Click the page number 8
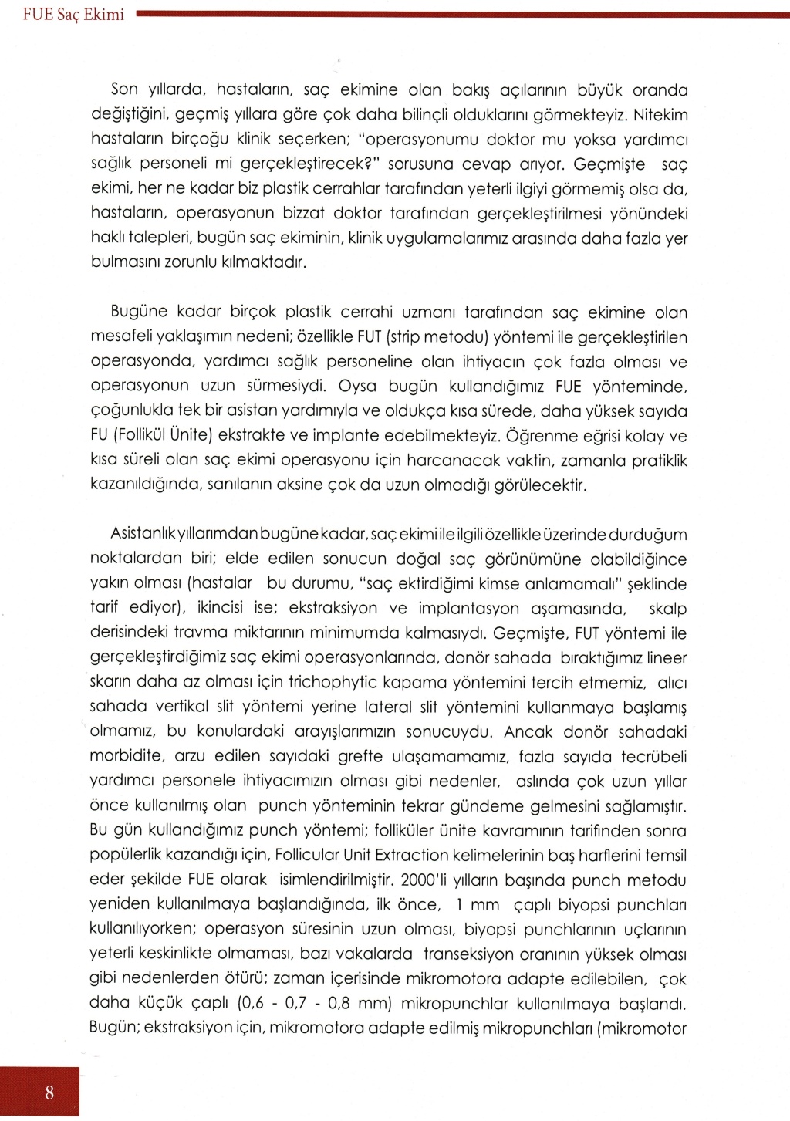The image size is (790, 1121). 49,1092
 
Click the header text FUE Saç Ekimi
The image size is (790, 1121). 73,15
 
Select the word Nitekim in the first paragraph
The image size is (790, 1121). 660,116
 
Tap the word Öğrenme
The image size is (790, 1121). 542,436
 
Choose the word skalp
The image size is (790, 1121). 667,609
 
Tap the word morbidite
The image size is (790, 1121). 125,756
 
